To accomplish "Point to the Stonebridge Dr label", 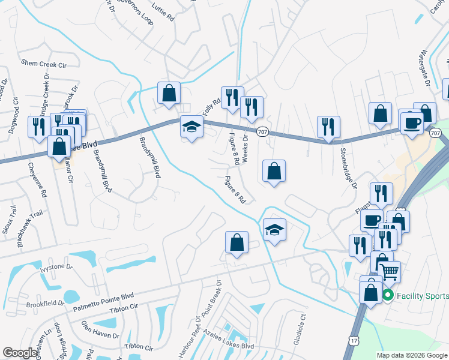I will point(348,168).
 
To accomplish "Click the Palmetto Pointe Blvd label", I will point(103,302).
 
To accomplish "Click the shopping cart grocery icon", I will point(390,272).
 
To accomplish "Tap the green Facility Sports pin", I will point(388,295).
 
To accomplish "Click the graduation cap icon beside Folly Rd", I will point(191,127).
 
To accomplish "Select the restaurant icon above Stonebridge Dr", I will point(328,127).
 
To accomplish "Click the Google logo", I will point(20,353).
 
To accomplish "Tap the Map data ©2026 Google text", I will point(412,355).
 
